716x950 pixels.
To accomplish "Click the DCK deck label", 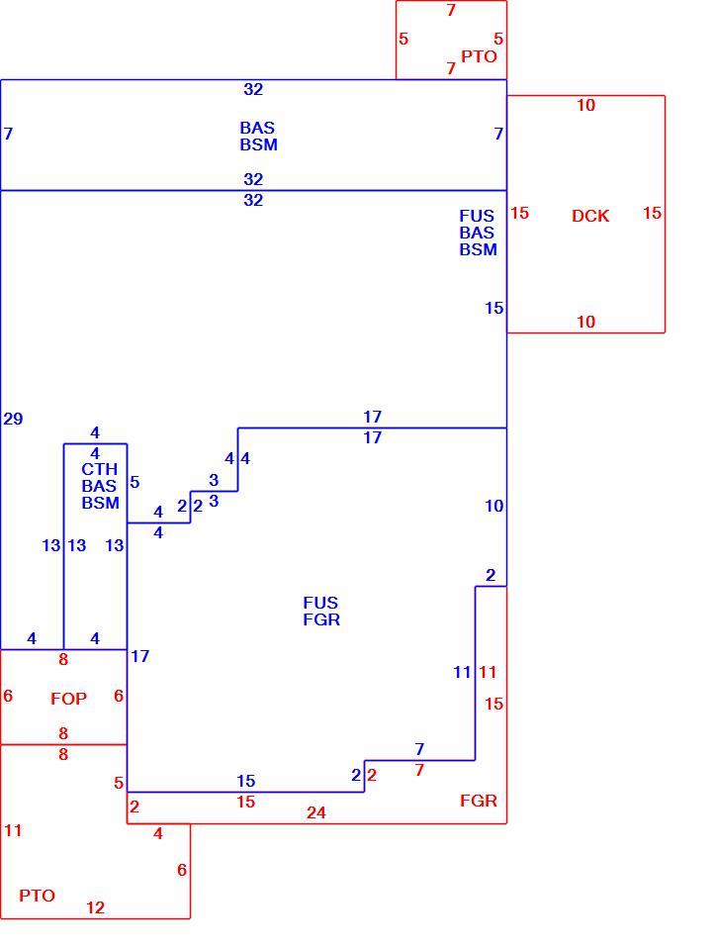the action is click(590, 216).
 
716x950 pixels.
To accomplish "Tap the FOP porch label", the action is click(68, 699).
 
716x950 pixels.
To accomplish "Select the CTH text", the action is click(99, 469).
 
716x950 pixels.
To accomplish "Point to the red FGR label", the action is click(478, 801).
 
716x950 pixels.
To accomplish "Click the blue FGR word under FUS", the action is click(321, 619).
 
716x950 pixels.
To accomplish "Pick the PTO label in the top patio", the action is click(479, 56).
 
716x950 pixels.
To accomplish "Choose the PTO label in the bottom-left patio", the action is click(37, 896).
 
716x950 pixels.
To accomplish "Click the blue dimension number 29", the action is click(13, 419).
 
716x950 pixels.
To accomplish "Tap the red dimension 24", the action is click(315, 813).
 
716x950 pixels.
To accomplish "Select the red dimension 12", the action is click(95, 907).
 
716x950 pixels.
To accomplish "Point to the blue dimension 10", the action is click(493, 506).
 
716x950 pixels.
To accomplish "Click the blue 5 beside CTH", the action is click(134, 482).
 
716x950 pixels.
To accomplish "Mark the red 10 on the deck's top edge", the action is click(585, 106).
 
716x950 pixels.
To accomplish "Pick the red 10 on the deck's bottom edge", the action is click(585, 322).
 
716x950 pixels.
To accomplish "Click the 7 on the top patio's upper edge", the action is click(451, 10).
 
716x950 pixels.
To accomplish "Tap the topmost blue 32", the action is click(253, 90).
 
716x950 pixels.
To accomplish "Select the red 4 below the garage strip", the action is click(158, 833).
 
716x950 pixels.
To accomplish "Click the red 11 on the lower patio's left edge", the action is click(13, 830).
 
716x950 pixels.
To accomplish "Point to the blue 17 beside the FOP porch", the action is click(139, 656).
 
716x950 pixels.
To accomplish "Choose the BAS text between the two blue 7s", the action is click(257, 128).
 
